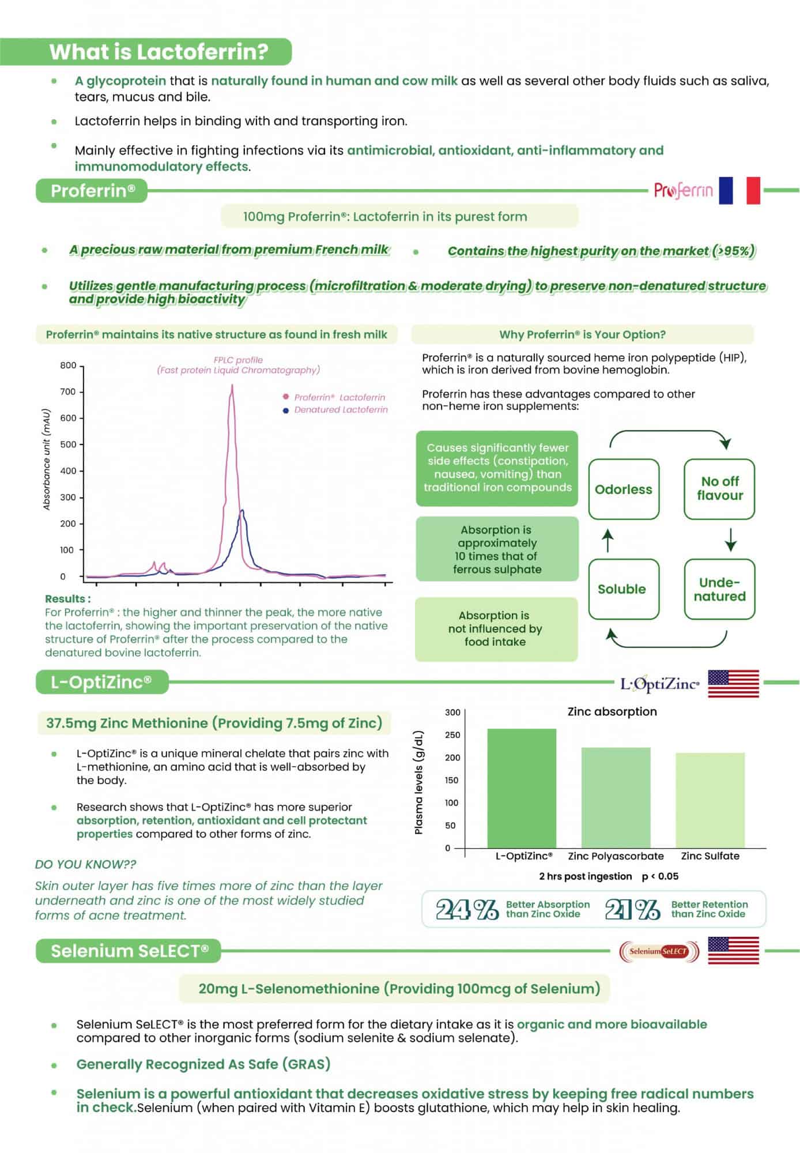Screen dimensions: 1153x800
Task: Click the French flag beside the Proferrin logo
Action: (x=739, y=190)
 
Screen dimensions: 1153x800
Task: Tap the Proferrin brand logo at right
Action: (x=683, y=190)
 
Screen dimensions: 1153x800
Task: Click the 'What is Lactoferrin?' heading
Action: (x=159, y=52)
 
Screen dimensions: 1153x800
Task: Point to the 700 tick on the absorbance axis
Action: (x=69, y=392)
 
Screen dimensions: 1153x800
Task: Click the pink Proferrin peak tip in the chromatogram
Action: (x=232, y=386)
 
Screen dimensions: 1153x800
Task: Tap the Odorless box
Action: (x=624, y=489)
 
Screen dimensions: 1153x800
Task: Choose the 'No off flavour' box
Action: (x=719, y=489)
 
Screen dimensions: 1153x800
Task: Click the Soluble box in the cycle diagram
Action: (x=622, y=589)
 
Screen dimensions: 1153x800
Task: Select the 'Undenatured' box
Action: (x=719, y=589)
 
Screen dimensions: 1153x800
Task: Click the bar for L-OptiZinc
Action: (x=522, y=788)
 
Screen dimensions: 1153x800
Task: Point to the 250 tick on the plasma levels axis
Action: (x=453, y=735)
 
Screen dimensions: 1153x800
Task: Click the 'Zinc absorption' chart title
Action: (x=612, y=711)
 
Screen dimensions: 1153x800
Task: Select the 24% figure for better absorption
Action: (x=467, y=910)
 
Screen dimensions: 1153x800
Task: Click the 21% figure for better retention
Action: (x=632, y=910)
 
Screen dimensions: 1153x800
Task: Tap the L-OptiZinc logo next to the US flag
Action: (x=659, y=684)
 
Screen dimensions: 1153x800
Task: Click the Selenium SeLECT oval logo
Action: (x=659, y=951)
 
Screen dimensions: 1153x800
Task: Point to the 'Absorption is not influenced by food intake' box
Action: (x=496, y=629)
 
